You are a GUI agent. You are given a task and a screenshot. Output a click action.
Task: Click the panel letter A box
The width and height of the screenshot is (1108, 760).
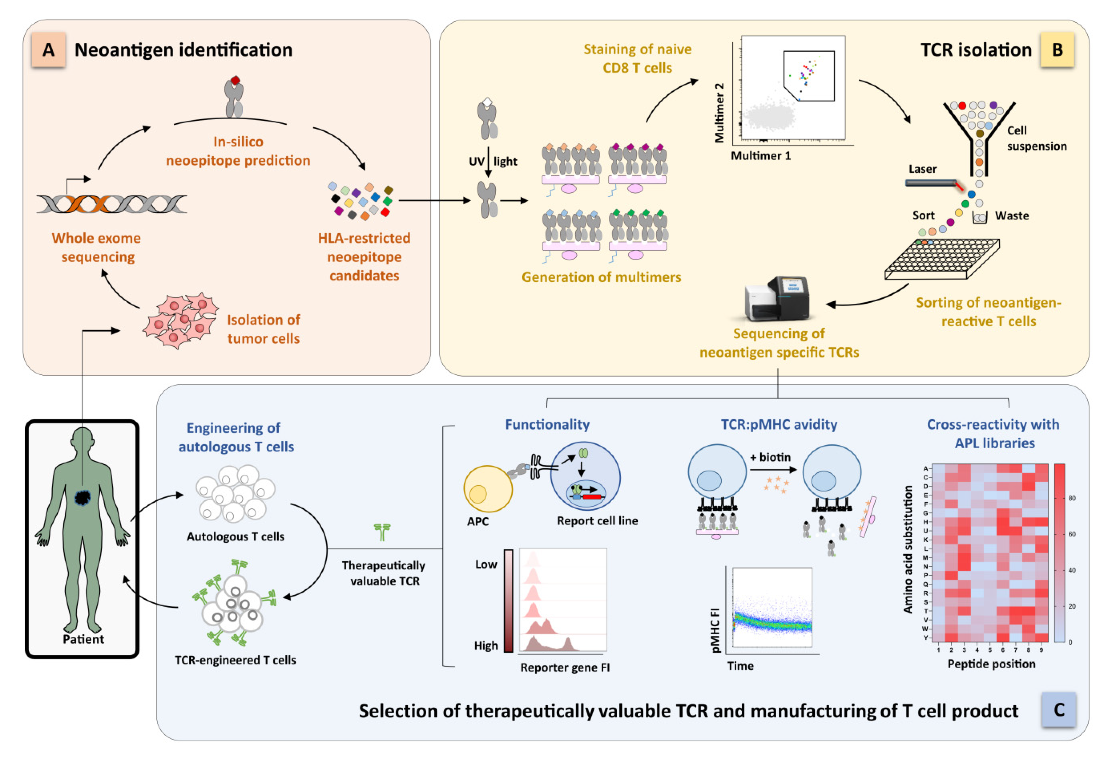coord(48,50)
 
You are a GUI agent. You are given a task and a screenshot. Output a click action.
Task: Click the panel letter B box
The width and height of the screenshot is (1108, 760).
coord(1057,50)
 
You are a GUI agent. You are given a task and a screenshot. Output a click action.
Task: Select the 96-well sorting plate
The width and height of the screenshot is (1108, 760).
coord(942,258)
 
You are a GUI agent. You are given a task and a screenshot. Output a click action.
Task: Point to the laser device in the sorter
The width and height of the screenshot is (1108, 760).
coord(931,183)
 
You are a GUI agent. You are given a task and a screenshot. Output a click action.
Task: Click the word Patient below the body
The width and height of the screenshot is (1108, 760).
coord(83,639)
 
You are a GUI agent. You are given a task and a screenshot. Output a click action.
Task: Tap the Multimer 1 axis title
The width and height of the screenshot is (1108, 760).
coord(760,156)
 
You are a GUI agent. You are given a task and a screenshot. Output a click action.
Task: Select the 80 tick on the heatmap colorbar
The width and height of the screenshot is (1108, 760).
coord(1072,498)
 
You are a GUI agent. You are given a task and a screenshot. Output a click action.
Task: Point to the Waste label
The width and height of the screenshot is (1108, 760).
coord(1012,216)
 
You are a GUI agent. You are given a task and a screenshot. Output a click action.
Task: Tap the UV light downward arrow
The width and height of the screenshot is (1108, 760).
coord(488,162)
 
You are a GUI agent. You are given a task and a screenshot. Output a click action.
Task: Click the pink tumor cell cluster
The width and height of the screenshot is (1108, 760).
coord(181,320)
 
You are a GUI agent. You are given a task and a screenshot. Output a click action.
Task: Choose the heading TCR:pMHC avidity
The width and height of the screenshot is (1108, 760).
coord(779,424)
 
